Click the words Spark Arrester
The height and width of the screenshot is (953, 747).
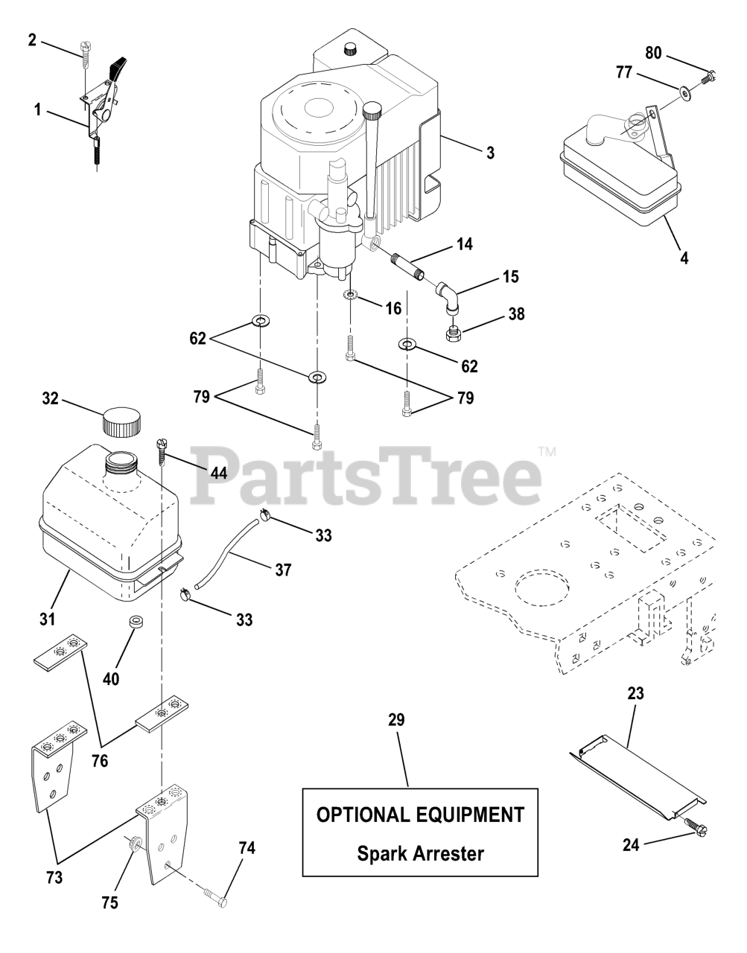click(420, 852)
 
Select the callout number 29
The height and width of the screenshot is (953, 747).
click(396, 721)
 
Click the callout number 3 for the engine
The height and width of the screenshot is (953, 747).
click(489, 153)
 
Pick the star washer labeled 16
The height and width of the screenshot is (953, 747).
click(351, 296)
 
